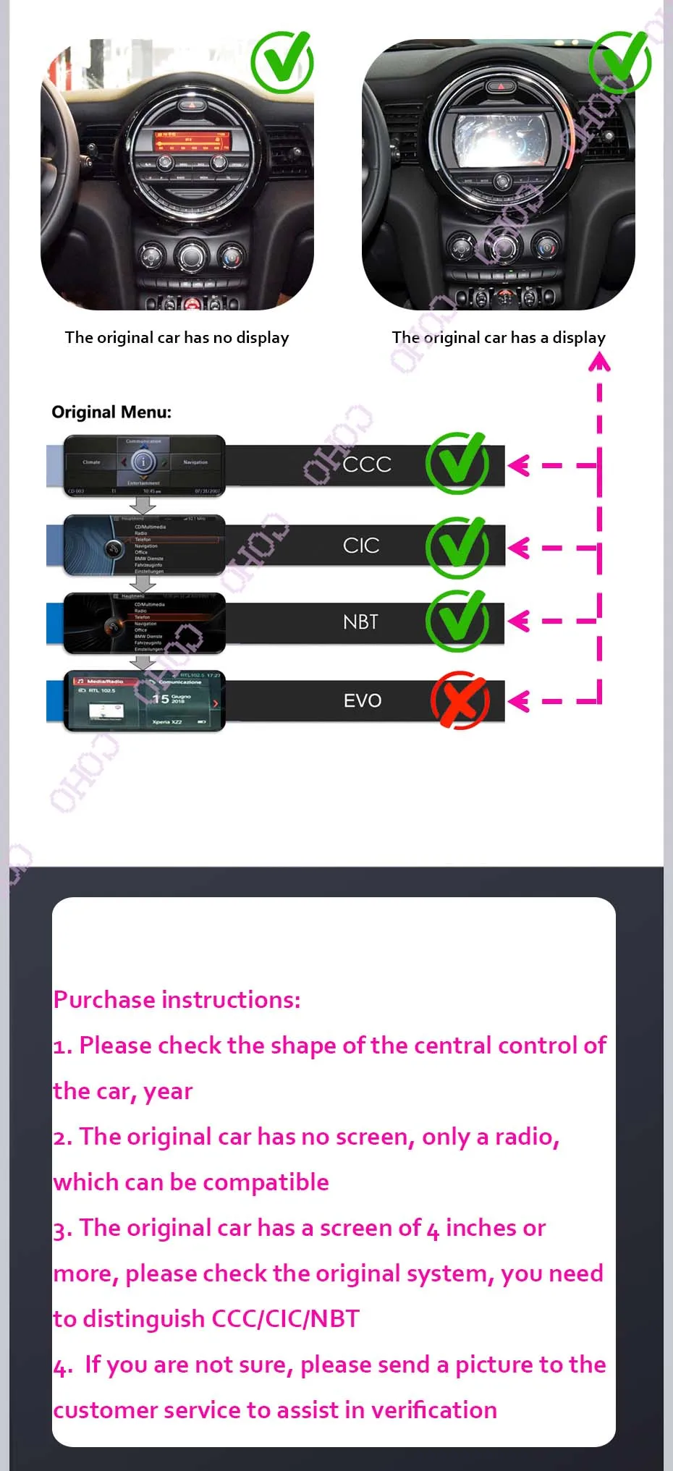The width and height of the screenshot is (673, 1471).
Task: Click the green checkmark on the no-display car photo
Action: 282,62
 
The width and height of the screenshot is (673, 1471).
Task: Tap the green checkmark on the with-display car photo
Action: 620,62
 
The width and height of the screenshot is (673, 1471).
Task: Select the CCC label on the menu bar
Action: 367,465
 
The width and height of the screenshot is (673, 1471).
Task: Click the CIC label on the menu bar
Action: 361,546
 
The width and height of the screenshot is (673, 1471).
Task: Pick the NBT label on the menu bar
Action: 360,622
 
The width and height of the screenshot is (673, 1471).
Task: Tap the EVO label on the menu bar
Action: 362,700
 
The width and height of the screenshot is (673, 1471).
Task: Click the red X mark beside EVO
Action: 460,700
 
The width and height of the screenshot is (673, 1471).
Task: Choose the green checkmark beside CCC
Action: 457,463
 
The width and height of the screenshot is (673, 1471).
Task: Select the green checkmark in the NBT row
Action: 457,621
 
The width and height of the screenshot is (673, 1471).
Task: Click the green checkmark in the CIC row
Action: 457,547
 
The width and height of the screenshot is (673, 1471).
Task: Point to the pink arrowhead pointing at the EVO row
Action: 517,700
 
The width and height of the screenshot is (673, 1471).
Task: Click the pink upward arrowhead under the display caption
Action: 599,361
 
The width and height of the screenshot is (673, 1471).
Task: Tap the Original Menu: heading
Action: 111,412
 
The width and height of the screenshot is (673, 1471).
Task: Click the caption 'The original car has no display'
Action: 177,338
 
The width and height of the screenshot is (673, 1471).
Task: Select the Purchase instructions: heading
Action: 177,1000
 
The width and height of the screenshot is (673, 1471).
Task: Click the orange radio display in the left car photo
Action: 190,140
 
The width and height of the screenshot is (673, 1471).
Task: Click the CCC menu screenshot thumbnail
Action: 144,465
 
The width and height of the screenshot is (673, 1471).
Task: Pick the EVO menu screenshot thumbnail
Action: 144,700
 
